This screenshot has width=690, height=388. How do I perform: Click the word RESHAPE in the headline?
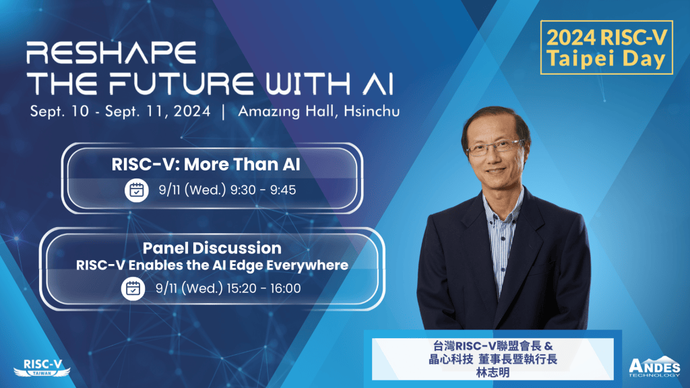coord(111,53)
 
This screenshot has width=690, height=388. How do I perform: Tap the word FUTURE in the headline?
coord(181,84)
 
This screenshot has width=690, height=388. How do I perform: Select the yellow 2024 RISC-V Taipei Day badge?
coord(606,48)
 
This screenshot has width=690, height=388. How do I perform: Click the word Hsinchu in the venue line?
coord(372,111)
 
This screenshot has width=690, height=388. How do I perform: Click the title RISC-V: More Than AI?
coord(206,164)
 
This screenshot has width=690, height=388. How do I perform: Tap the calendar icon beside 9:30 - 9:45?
coord(136,190)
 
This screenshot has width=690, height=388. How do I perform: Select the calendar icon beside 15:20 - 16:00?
coord(133,288)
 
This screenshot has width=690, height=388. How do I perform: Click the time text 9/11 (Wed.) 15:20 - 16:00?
coord(228,288)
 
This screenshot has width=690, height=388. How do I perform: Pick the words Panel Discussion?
coord(212,248)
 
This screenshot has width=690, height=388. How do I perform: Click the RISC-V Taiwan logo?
coord(42,368)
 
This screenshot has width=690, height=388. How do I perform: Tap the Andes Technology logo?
coord(654,366)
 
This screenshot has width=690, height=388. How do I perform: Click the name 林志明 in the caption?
coord(493,373)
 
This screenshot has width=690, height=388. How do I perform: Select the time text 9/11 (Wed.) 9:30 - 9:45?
coord(227,190)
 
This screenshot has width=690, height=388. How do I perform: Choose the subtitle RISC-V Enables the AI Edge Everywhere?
coord(212,265)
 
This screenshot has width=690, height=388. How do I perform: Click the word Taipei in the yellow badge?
coord(583,59)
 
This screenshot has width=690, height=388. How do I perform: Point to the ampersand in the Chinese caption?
coord(548,346)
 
